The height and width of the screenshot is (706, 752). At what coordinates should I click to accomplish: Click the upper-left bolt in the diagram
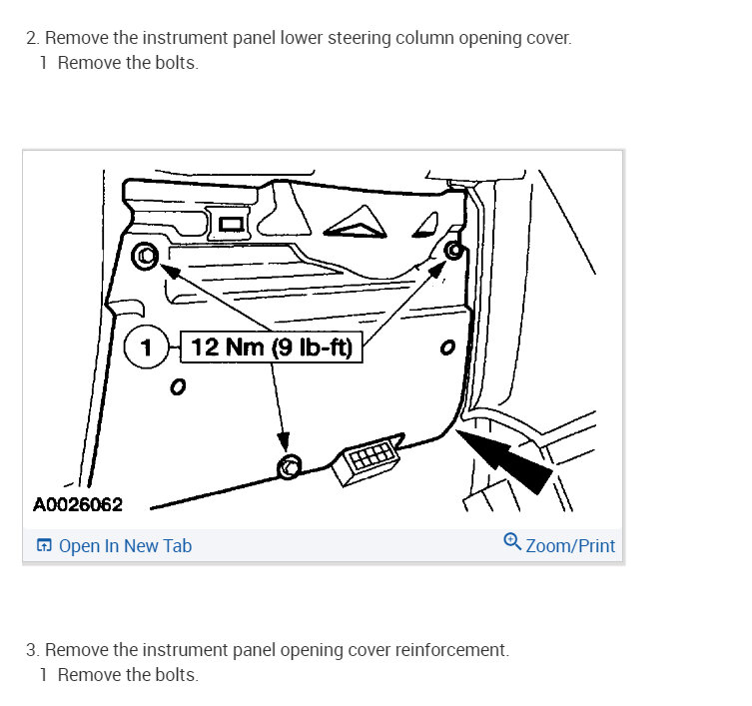pyautogui.click(x=146, y=256)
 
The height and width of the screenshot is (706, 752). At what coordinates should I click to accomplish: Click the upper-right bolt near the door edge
pyautogui.click(x=453, y=250)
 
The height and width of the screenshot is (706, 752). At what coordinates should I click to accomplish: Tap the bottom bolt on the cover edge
pyautogui.click(x=290, y=466)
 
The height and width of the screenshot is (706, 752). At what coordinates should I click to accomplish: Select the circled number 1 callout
pyautogui.click(x=146, y=347)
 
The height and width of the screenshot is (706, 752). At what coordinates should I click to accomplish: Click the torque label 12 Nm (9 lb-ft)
pyautogui.click(x=272, y=347)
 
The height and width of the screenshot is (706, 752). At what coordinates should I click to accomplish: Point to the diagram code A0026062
pyautogui.click(x=78, y=504)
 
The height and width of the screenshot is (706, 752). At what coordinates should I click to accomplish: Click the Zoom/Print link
pyautogui.click(x=570, y=546)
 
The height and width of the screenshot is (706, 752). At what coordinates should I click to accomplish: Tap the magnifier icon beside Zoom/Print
pyautogui.click(x=512, y=542)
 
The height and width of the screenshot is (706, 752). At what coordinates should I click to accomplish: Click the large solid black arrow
pyautogui.click(x=504, y=461)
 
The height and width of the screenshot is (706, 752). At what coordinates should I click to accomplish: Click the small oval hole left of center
pyautogui.click(x=178, y=386)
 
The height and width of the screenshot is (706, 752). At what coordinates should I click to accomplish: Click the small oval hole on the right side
pyautogui.click(x=447, y=348)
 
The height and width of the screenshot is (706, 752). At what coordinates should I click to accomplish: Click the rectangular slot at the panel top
pyautogui.click(x=231, y=224)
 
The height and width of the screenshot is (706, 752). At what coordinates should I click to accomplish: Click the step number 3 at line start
pyautogui.click(x=32, y=650)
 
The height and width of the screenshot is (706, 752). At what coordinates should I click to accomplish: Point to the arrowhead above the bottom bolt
pyautogui.click(x=284, y=441)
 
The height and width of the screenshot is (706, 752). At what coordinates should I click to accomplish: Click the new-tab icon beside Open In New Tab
pyautogui.click(x=44, y=545)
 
